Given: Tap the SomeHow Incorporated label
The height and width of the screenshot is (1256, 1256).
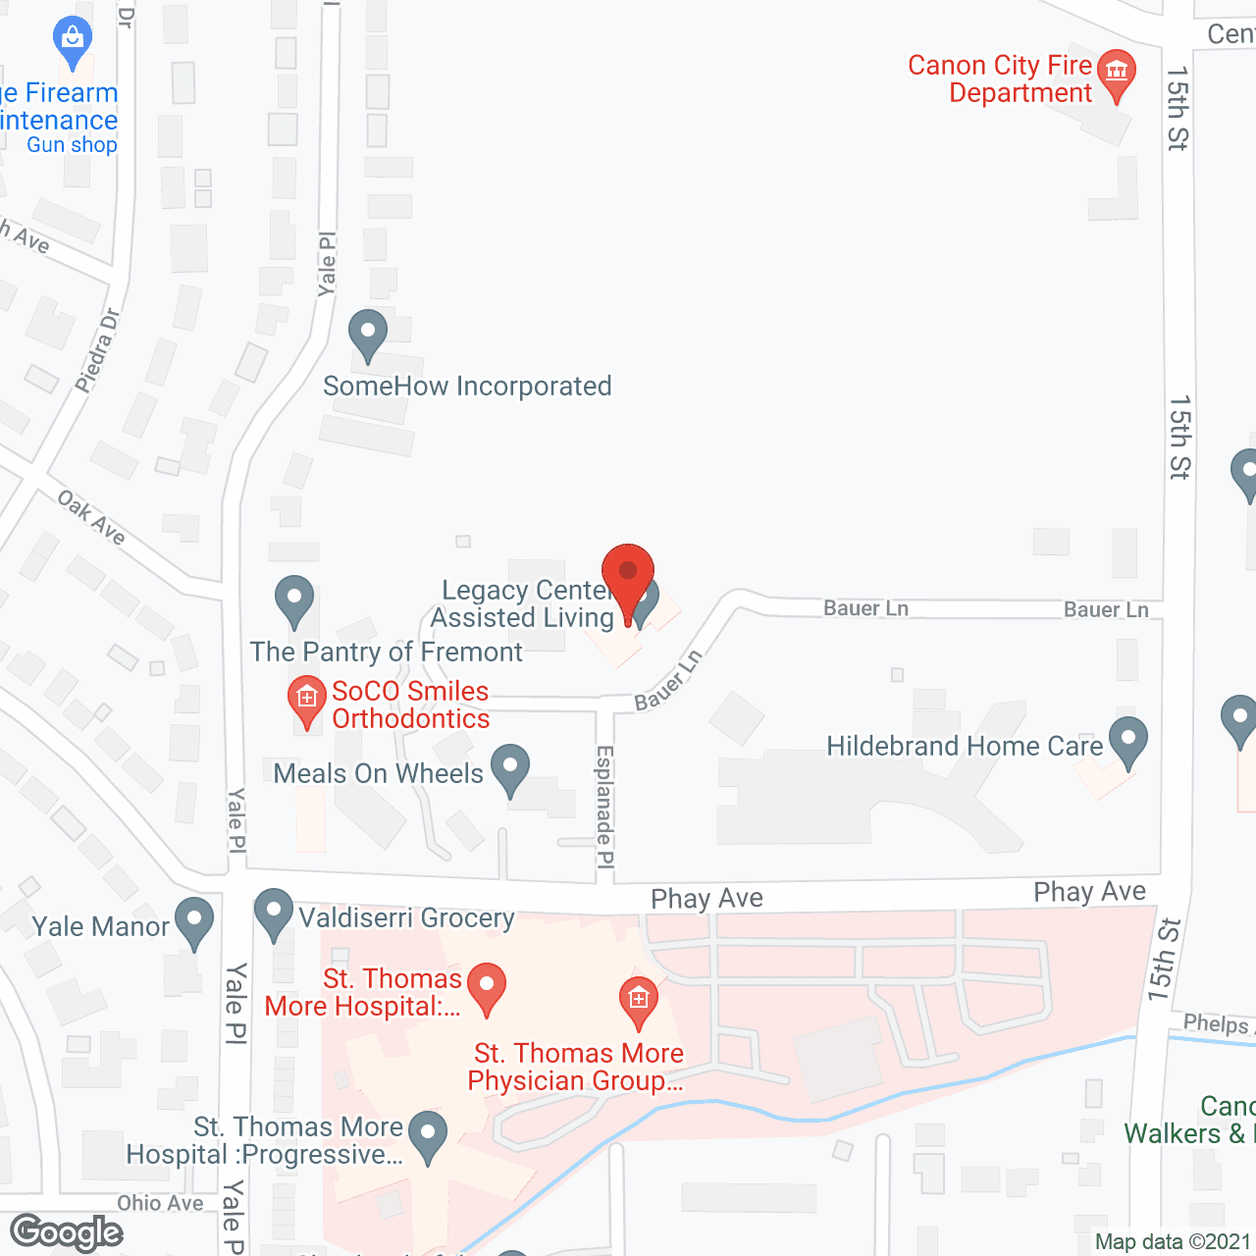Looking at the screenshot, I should click(467, 387).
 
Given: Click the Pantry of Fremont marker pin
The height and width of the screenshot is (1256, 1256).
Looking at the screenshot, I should click(293, 600).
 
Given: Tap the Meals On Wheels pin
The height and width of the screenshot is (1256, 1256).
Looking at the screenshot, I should click(509, 769).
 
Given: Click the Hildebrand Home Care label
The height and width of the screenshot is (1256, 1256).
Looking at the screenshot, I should click(965, 747).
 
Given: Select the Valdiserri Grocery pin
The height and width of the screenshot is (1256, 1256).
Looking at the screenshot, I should click(273, 914).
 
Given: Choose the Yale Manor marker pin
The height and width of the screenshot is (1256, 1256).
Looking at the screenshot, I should click(194, 922).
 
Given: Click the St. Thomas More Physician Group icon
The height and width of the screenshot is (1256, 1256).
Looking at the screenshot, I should click(638, 1001).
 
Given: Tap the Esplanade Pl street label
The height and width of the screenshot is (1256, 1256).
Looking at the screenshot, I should click(605, 807).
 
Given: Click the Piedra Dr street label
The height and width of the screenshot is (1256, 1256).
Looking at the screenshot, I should click(97, 350).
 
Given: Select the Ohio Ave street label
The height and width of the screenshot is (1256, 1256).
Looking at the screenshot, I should click(160, 1203).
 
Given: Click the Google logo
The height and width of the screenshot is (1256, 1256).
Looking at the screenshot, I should click(67, 1232).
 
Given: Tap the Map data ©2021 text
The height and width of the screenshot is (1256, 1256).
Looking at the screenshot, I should click(1172, 1242).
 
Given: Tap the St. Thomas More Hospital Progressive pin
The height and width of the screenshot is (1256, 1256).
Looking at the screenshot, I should click(427, 1135).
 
